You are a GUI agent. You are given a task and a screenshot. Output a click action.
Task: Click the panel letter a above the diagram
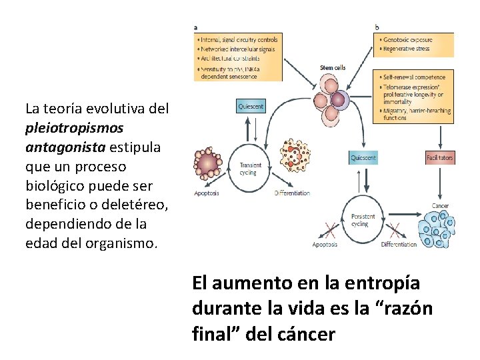tap(195, 28)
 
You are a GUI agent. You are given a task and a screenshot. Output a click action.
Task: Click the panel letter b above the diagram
tap(377, 28)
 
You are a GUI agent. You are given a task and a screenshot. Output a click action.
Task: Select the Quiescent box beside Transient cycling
tap(251, 106)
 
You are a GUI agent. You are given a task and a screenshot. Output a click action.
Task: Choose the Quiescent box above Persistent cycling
tap(363, 158)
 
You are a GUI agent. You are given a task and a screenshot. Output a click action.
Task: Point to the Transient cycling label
tap(251, 169)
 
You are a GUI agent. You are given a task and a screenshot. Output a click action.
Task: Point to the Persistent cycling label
tap(363, 220)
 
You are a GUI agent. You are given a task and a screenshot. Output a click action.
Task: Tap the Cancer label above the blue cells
tap(440, 205)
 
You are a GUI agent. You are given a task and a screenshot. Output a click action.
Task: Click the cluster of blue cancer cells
tap(437, 229)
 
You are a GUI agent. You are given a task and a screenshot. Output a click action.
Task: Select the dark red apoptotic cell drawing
tap(209, 165)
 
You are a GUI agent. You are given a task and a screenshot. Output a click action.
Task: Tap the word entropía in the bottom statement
tap(389, 283)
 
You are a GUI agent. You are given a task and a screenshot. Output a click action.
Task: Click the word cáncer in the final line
tap(305, 333)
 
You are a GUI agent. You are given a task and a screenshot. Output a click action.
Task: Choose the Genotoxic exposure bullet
tap(407, 40)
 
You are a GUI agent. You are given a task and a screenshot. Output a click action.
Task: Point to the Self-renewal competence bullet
tap(413, 77)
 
